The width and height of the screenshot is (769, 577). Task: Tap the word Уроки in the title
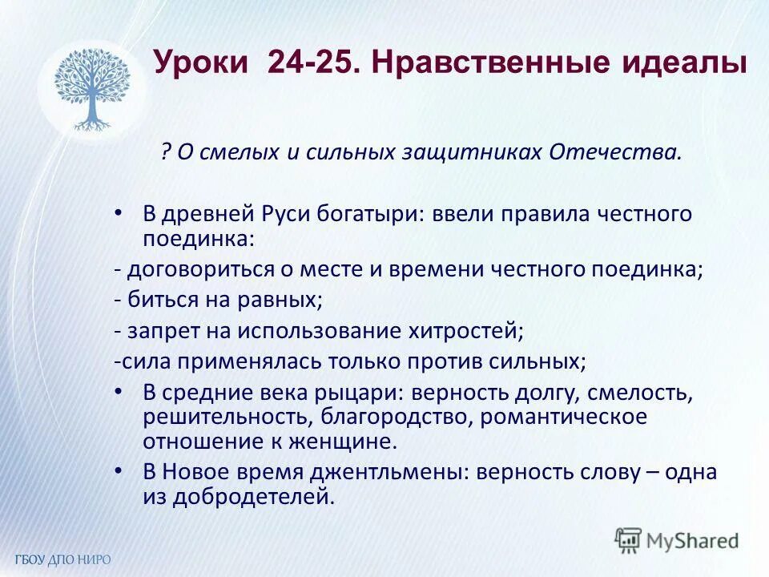point(203,62)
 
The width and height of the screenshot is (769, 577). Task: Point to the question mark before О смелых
point(165,152)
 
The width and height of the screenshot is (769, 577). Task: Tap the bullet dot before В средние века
point(119,391)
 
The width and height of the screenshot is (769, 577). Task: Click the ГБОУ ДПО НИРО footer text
point(62,559)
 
